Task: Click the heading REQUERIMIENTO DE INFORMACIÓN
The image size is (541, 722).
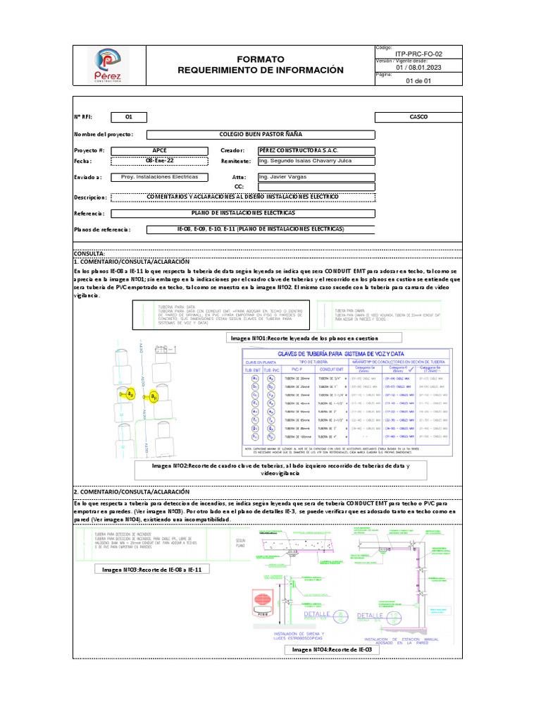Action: pyautogui.click(x=261, y=70)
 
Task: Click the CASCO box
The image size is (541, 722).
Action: pyautogui.click(x=418, y=117)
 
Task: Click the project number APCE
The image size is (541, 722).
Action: pyautogui.click(x=161, y=151)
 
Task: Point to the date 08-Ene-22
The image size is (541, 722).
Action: pyautogui.click(x=160, y=161)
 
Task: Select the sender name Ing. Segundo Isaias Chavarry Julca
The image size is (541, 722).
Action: pyautogui.click(x=305, y=161)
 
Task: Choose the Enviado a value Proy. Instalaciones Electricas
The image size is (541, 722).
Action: pyautogui.click(x=160, y=177)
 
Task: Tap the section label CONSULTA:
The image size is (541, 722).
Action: pyautogui.click(x=89, y=252)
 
